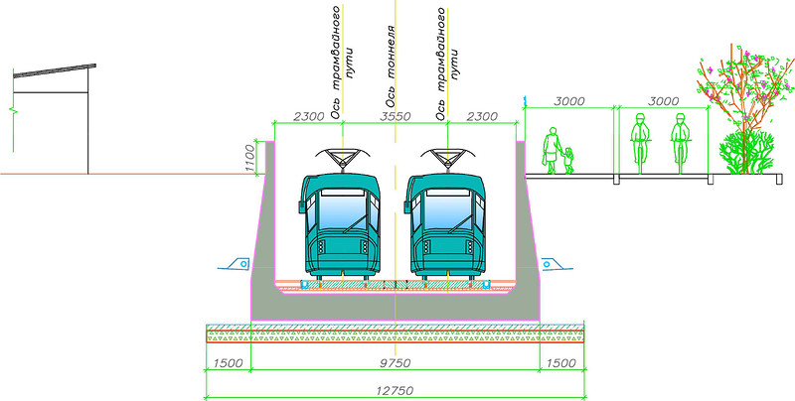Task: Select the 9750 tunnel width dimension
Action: [397, 363]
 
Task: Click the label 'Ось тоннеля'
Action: [392, 64]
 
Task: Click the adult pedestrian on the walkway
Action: [550, 151]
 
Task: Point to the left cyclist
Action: [639, 144]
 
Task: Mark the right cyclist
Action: [680, 144]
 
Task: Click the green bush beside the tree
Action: [743, 154]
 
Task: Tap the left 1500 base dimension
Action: [229, 363]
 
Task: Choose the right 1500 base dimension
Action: [560, 363]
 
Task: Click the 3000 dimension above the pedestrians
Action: [570, 101]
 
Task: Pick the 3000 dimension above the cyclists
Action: [663, 101]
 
